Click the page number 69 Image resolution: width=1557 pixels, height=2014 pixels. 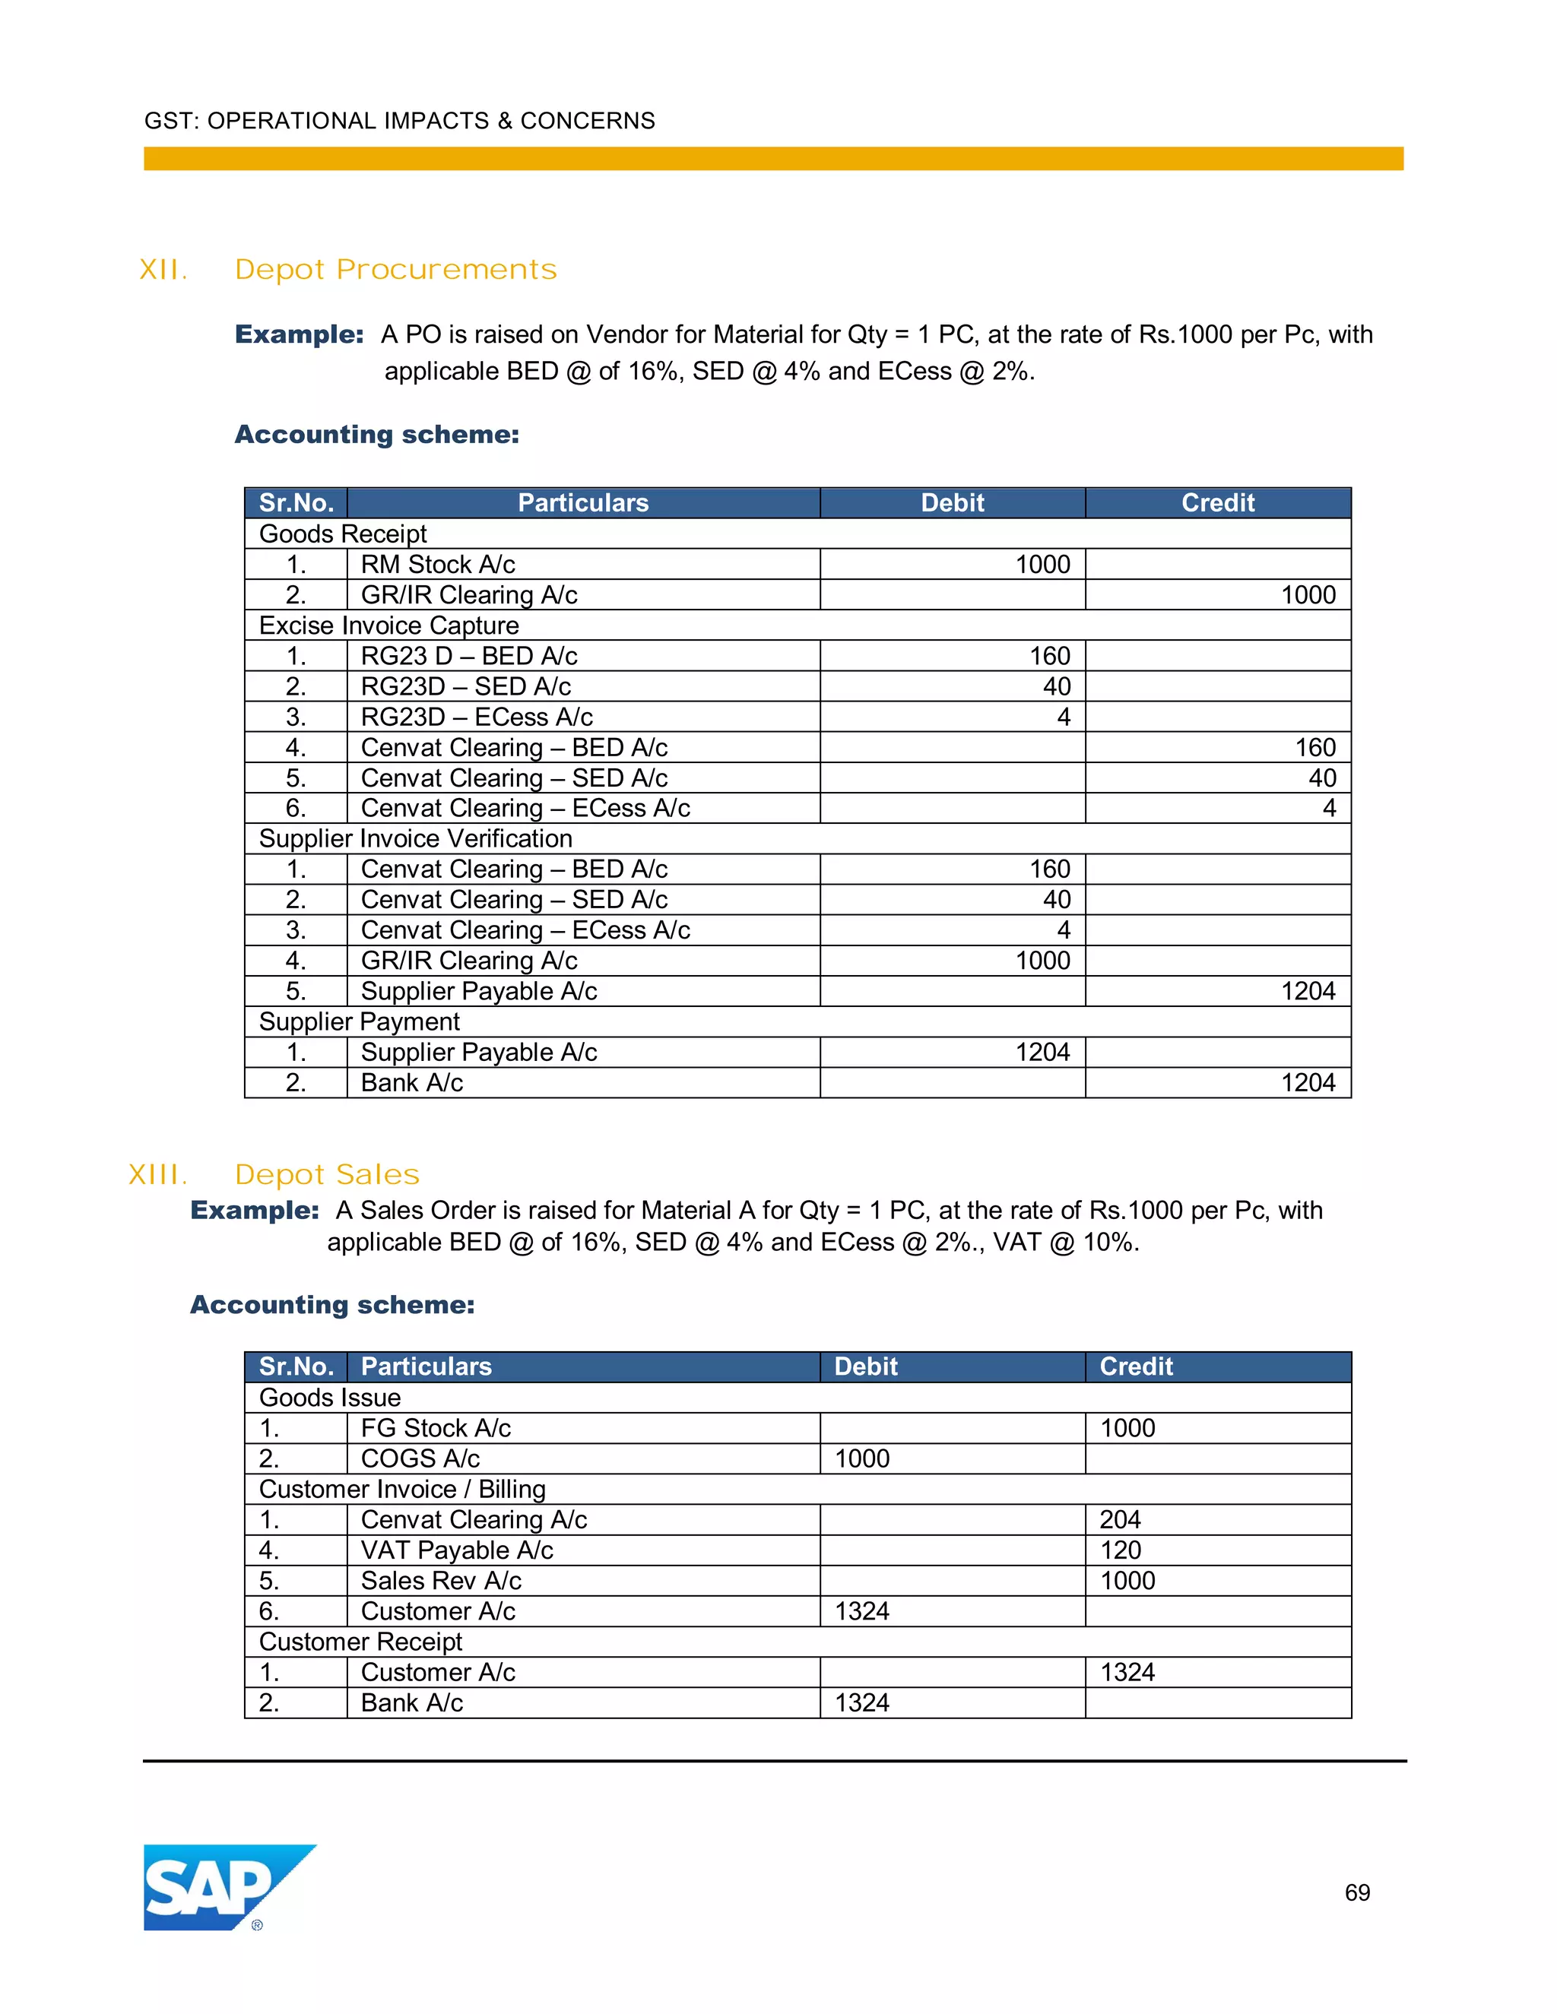[1357, 1892]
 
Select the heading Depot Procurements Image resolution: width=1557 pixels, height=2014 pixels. [395, 271]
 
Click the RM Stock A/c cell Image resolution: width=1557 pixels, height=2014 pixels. [438, 565]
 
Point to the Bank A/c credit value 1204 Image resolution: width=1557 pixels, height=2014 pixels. [1308, 1082]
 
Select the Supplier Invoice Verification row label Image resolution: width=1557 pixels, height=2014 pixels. [416, 838]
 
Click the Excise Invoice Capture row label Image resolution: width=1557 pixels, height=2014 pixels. [389, 625]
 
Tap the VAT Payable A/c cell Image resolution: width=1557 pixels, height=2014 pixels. [457, 1550]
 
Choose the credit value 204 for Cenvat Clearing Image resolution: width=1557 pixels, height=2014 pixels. [1120, 1520]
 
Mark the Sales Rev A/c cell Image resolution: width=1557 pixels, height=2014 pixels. [441, 1581]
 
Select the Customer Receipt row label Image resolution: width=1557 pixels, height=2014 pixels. [360, 1642]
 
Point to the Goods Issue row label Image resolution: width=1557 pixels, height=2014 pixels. [330, 1398]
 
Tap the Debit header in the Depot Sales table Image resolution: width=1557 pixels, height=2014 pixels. [865, 1366]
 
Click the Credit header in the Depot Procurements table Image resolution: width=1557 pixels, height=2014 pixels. [1218, 502]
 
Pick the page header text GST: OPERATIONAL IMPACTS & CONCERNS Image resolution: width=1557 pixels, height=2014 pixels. [399, 121]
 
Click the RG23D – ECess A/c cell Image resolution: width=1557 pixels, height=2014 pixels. [477, 717]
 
